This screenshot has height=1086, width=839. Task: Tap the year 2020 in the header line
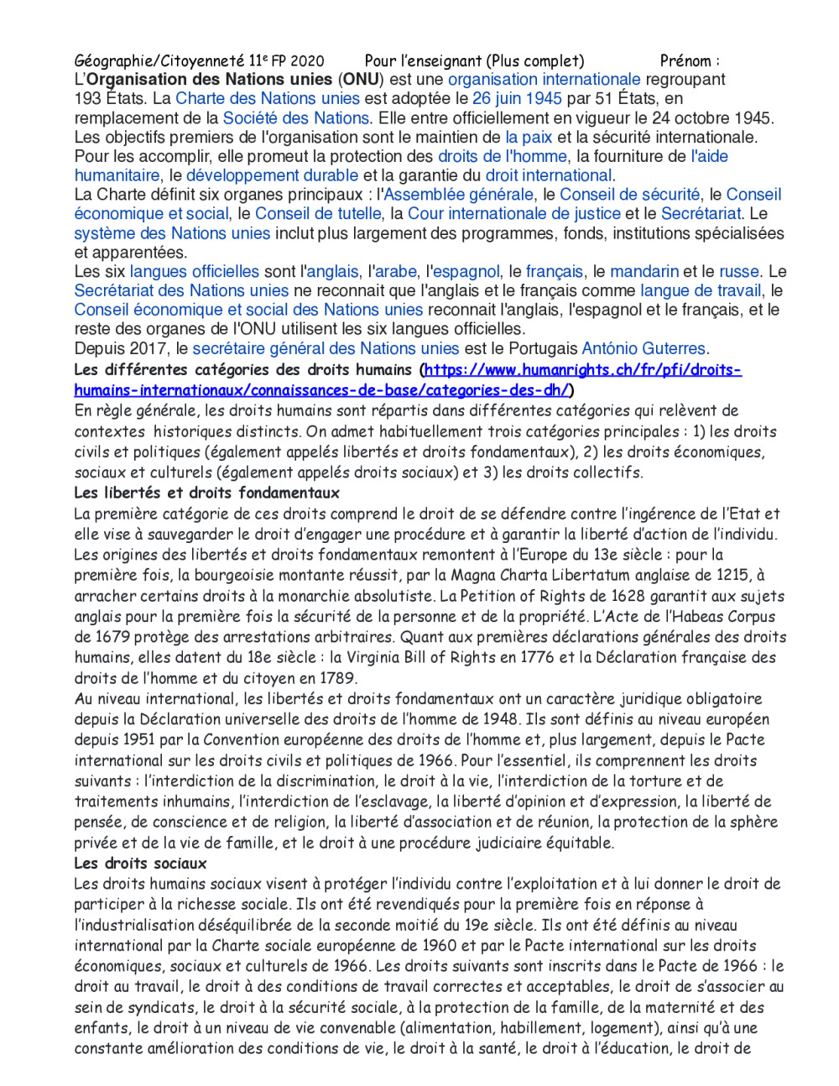307,60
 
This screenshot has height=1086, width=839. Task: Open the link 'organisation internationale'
544,80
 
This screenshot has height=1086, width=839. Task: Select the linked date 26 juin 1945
517,99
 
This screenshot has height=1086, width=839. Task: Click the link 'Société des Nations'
295,118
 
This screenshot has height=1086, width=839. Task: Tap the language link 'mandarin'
644,272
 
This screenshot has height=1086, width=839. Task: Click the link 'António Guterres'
644,348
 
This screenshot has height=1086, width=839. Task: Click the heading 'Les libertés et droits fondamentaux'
206,493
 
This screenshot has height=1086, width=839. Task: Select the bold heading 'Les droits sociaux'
140,863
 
